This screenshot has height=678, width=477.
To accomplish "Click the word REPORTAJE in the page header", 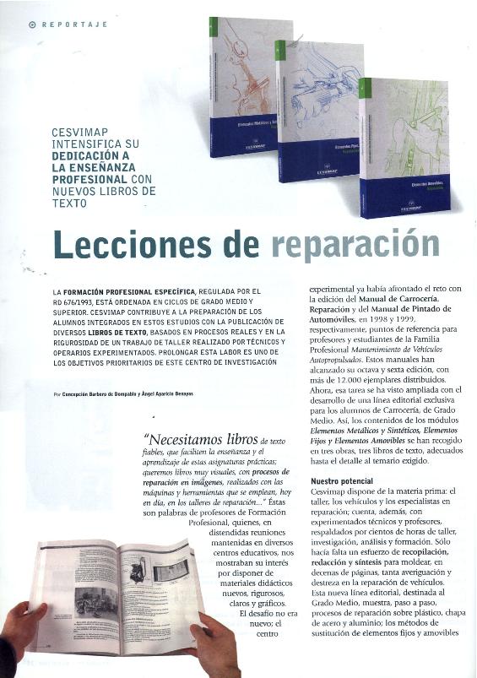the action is click(x=75, y=24).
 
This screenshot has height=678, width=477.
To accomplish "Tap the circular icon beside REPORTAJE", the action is click(x=32, y=24).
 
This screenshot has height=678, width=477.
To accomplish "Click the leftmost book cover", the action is click(x=241, y=93).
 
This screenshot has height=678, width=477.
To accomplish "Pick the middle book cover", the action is click(x=318, y=110).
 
